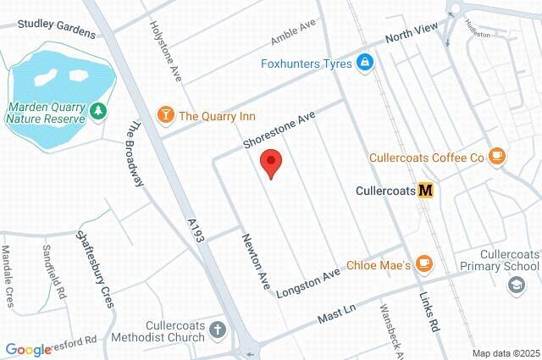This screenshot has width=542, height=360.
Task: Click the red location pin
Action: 271,162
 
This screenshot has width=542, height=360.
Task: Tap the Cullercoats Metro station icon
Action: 426,191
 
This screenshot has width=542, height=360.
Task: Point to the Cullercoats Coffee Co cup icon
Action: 497,156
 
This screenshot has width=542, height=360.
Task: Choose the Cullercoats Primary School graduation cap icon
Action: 515,286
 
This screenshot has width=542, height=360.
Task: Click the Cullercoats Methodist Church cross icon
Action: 218,330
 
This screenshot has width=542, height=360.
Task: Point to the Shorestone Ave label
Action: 278,128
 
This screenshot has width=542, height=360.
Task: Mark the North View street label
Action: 412,34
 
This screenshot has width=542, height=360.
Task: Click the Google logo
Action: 29,348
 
